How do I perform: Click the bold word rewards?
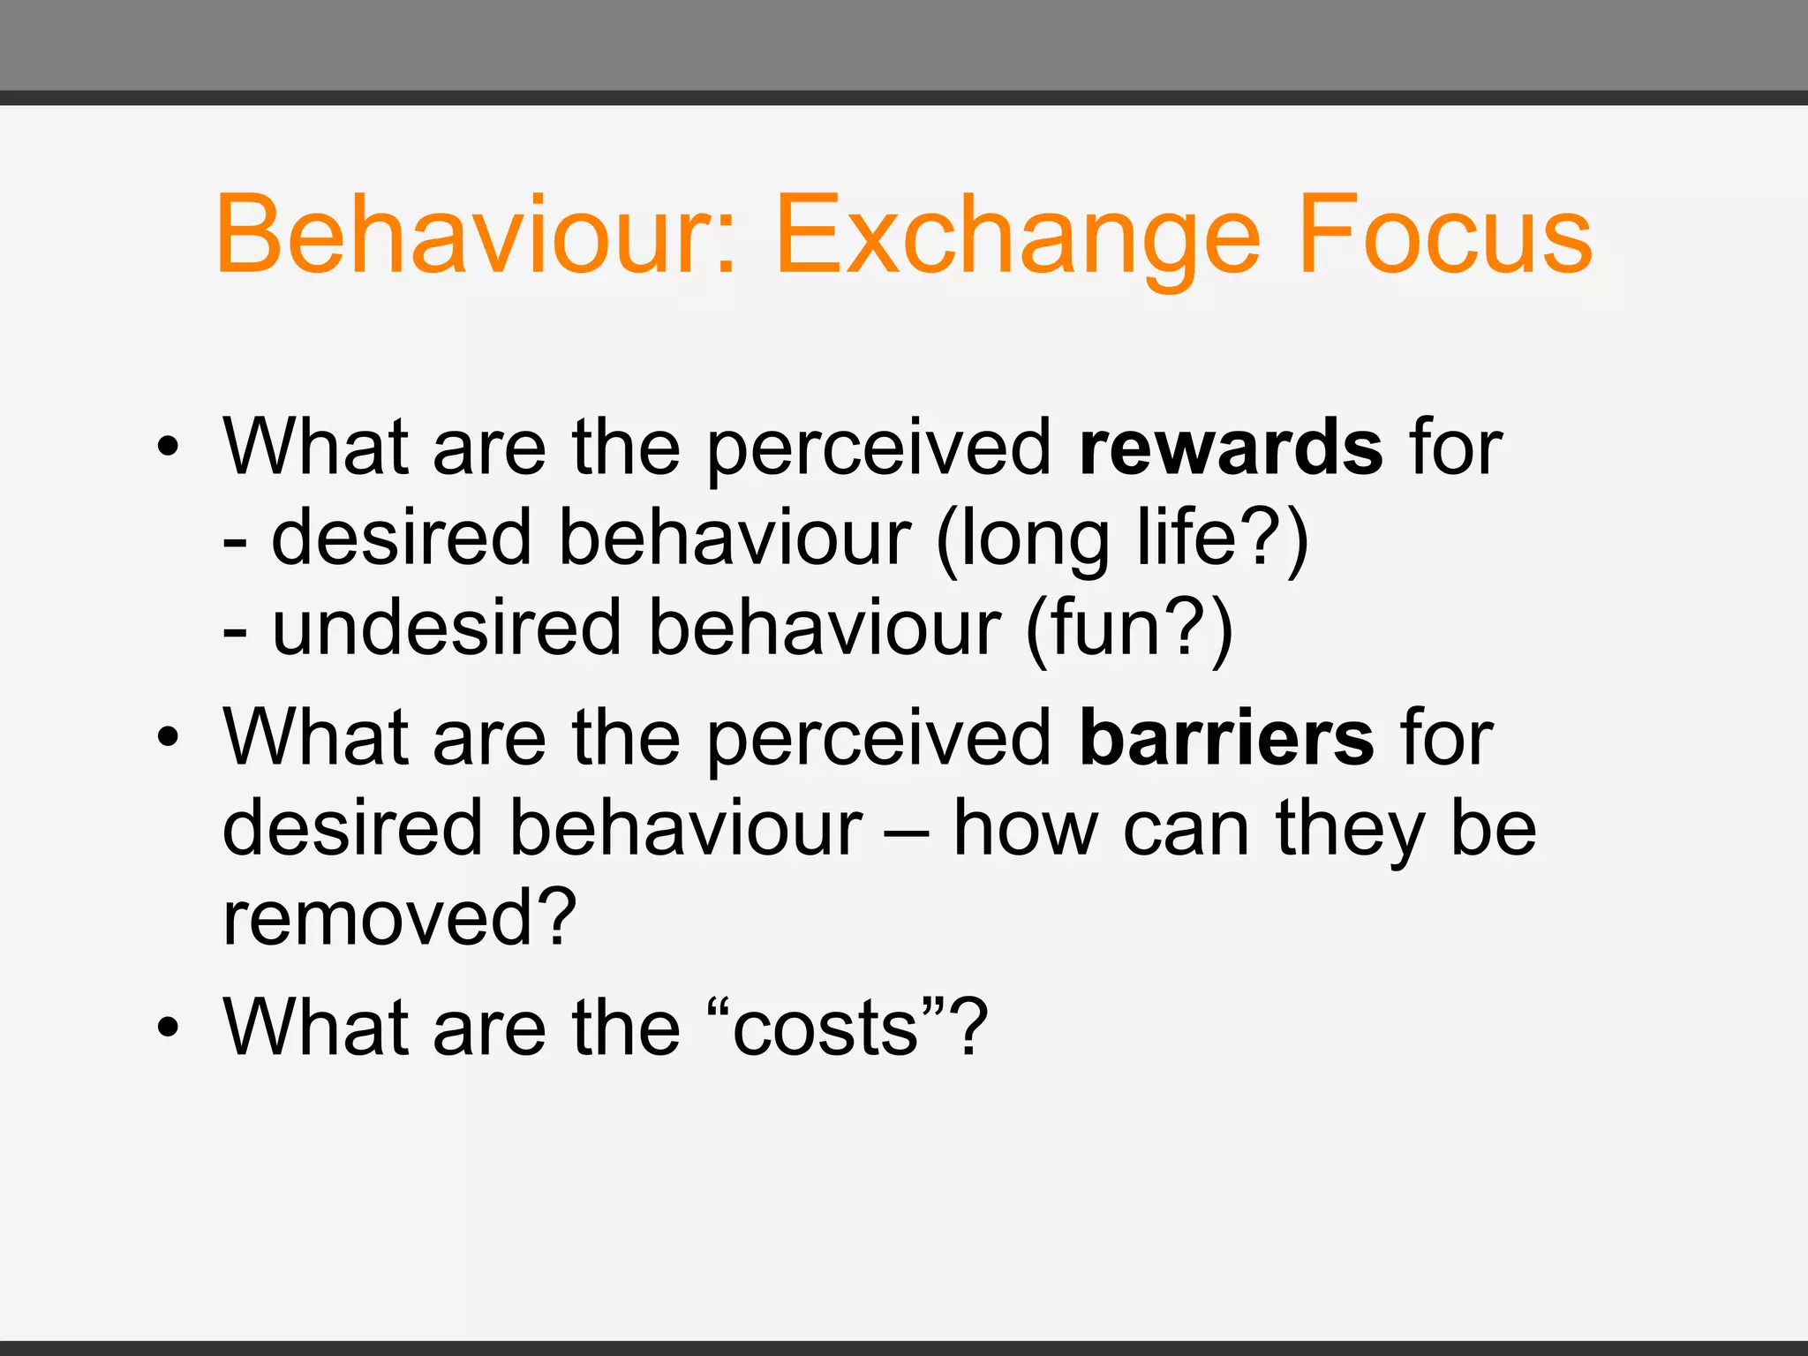[1231, 448]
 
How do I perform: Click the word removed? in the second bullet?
[399, 918]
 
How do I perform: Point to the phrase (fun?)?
[1129, 629]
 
